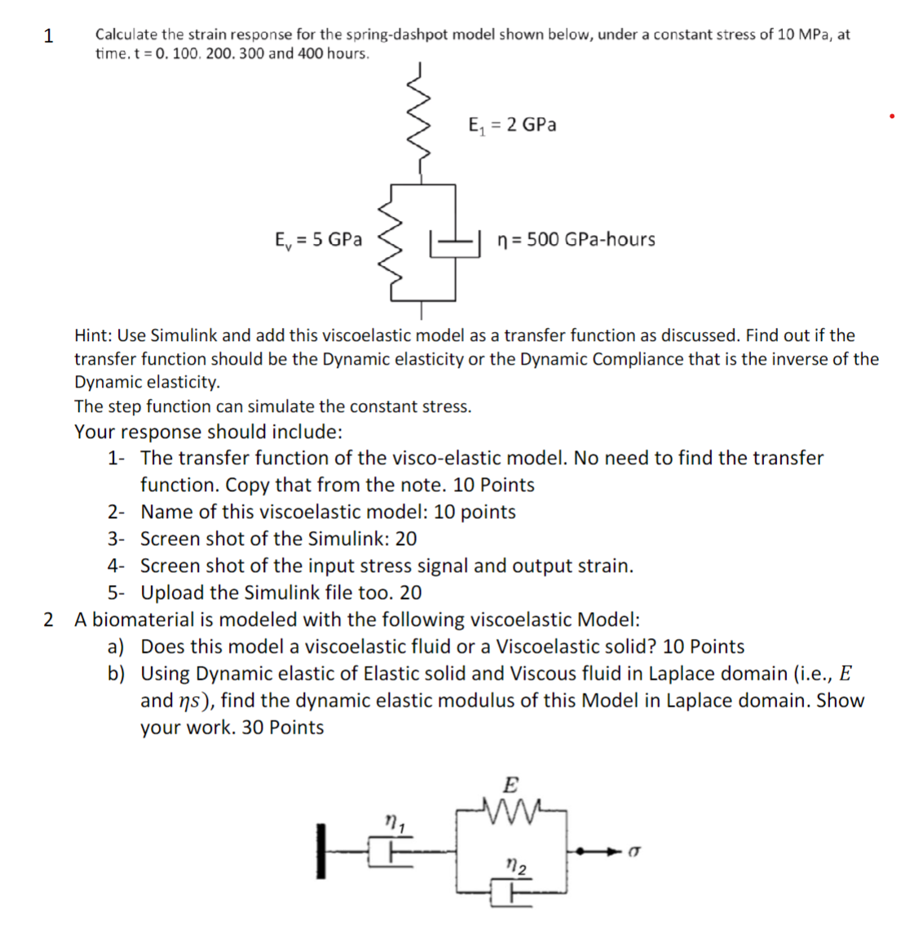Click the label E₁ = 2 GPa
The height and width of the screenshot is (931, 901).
[x=512, y=125]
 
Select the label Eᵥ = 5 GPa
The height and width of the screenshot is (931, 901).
[x=318, y=240]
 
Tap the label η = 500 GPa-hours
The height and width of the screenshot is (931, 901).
[x=576, y=240]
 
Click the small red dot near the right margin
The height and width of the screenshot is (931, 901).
[x=892, y=117]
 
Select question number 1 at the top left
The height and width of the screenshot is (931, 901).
[x=48, y=36]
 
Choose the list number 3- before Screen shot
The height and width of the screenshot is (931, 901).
[x=117, y=539]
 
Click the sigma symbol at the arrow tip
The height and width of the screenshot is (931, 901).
[x=634, y=851]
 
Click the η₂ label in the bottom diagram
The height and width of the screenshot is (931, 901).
[x=516, y=864]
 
